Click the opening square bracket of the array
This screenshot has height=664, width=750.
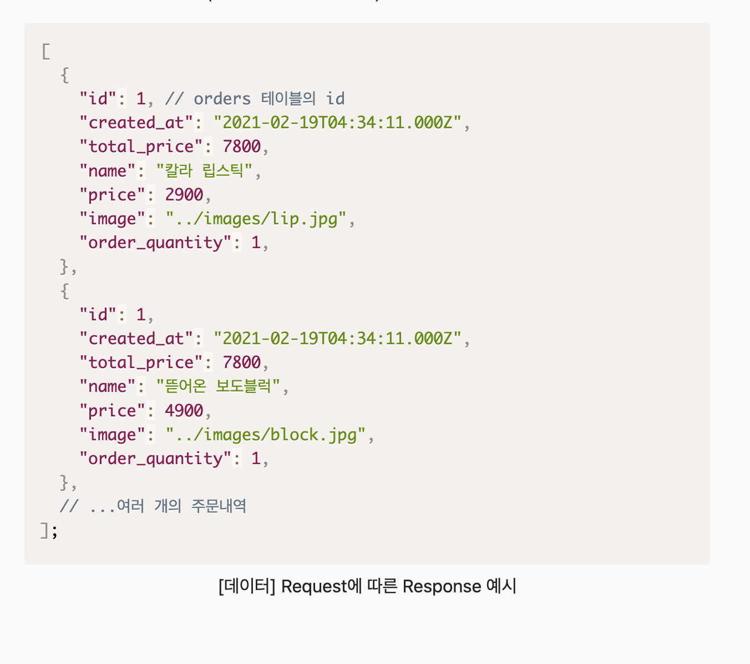point(46,52)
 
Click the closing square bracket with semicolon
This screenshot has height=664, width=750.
point(49,531)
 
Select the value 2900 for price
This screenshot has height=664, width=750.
point(184,195)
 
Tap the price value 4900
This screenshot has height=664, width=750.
point(184,411)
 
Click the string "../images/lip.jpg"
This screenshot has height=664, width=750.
point(256,219)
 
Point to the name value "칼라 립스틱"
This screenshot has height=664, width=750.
point(204,171)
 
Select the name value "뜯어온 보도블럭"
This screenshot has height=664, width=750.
point(218,386)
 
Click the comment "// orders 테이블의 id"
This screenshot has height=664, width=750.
point(255,99)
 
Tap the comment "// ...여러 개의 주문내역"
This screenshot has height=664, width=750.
point(153,506)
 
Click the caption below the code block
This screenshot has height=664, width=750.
point(367,586)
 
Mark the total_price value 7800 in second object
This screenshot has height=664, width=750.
point(241,363)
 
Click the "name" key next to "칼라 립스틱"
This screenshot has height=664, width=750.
point(108,171)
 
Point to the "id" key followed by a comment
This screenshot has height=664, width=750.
point(98,99)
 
